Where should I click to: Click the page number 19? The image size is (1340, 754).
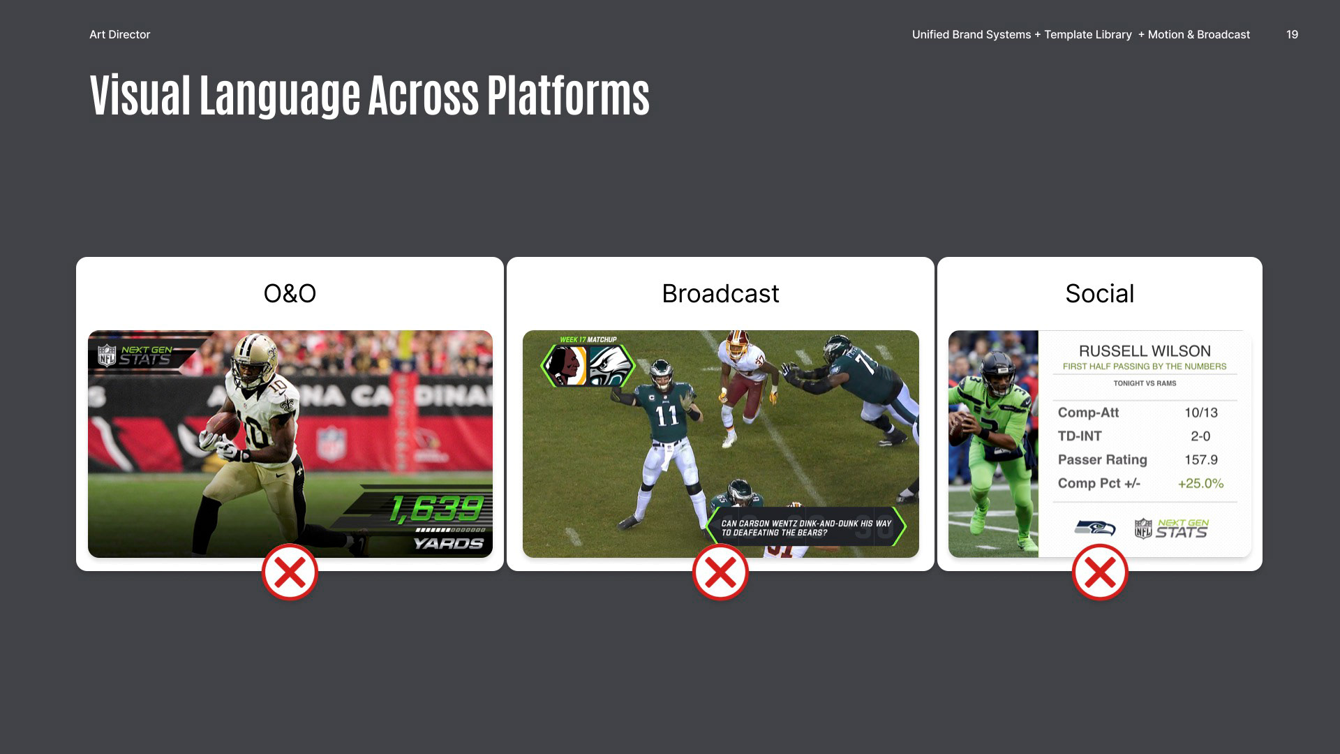(1292, 34)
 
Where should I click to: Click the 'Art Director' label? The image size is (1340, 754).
(119, 34)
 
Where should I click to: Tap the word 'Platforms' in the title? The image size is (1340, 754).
(568, 95)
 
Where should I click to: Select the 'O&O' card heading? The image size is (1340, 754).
(290, 293)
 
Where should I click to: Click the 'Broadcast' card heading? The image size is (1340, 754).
(720, 293)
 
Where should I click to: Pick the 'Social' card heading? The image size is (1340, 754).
(1100, 293)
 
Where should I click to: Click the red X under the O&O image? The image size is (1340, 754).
(290, 572)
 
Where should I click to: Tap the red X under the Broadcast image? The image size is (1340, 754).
(720, 572)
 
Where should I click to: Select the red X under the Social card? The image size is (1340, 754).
(1100, 572)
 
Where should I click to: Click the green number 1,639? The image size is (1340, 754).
(436, 509)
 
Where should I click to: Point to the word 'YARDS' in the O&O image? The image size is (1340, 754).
(449, 543)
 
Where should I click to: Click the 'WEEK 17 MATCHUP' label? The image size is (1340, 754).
(588, 340)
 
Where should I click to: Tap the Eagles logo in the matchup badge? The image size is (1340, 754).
(609, 366)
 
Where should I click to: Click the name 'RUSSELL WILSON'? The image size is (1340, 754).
(1145, 351)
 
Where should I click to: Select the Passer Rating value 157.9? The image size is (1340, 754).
(1201, 460)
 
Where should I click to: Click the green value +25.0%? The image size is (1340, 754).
(1200, 484)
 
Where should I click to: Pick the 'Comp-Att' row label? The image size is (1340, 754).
(1088, 413)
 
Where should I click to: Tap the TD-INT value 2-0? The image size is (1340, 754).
(1200, 436)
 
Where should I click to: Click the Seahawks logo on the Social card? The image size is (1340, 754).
(1095, 528)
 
